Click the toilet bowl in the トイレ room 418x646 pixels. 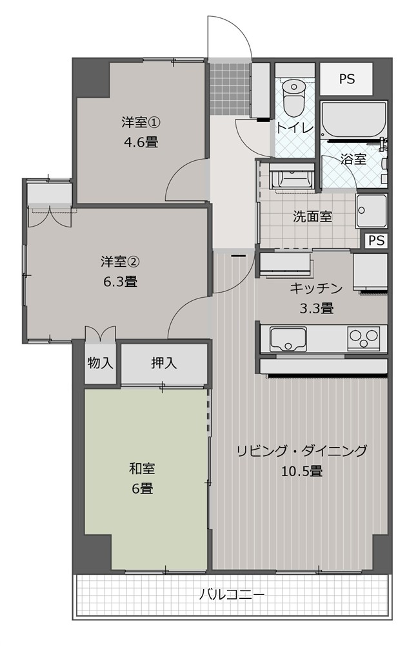[x=294, y=97]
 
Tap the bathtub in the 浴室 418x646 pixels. [x=354, y=120]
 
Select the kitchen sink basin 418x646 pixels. [x=288, y=339]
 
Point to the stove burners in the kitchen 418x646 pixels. [x=364, y=339]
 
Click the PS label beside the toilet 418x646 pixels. [x=347, y=79]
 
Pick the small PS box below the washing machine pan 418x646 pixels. [x=376, y=240]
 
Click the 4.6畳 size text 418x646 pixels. [x=141, y=143]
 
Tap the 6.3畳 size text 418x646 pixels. [x=120, y=282]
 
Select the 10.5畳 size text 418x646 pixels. [x=302, y=470]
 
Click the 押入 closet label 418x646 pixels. [x=164, y=363]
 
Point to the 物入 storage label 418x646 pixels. [x=101, y=363]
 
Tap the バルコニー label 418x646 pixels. [x=232, y=595]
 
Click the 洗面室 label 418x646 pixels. [x=312, y=216]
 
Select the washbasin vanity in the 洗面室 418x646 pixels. [x=292, y=177]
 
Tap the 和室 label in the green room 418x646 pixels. [x=142, y=468]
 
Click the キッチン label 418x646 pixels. [x=316, y=288]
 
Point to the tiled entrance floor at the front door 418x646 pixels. [x=230, y=89]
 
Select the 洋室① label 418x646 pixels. [x=141, y=122]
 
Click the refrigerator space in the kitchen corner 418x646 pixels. [x=370, y=273]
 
